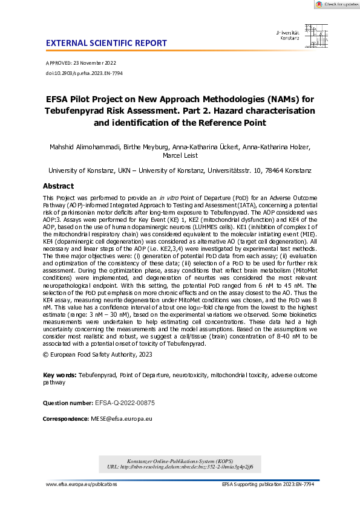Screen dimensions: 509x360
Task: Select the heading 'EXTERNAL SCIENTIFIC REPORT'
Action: click(x=106, y=44)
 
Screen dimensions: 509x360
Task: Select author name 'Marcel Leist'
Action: click(x=180, y=157)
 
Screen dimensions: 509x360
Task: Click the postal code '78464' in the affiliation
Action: click(x=276, y=171)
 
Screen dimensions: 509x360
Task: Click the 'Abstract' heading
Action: click(x=59, y=186)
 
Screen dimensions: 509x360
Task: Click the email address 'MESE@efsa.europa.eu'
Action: click(x=121, y=418)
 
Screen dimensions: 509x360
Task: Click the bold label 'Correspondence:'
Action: click(x=65, y=418)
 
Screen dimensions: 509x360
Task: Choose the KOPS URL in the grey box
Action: click(x=184, y=467)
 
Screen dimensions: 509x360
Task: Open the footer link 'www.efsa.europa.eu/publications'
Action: click(x=81, y=485)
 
